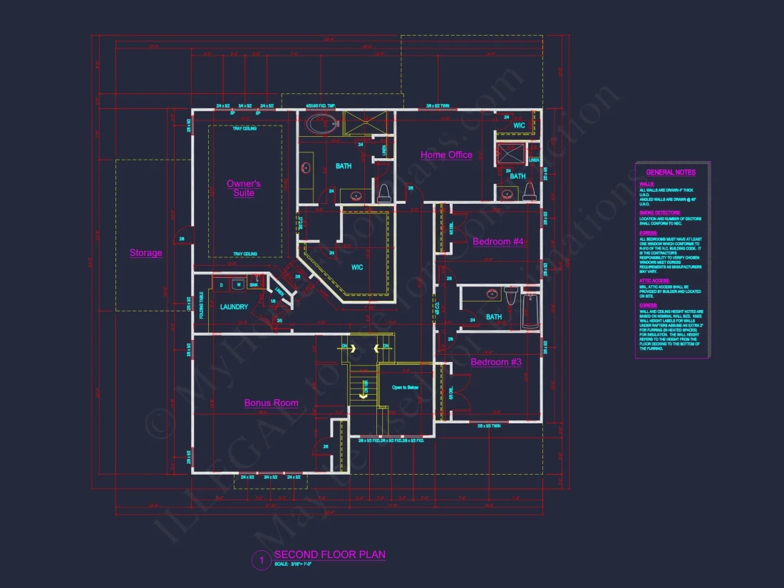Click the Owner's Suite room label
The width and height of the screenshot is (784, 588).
pos(244,188)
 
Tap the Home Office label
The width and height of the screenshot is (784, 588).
pos(446,155)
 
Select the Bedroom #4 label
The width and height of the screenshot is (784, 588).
pos(497,242)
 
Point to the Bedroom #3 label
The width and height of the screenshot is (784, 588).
pos(496,362)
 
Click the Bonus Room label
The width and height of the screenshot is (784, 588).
pos(271,403)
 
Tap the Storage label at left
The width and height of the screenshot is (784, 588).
pos(145,252)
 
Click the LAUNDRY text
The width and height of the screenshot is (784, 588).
pos(234,307)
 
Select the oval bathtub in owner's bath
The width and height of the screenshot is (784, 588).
pos(319,125)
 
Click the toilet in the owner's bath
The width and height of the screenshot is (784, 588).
pos(383,190)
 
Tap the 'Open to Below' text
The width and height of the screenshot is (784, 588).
pos(405,388)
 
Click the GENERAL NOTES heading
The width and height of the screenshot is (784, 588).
pos(670,172)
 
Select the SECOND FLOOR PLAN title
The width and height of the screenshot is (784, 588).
pos(329,555)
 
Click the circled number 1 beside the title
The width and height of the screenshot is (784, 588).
pos(261,561)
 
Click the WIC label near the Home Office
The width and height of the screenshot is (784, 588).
pos(518,125)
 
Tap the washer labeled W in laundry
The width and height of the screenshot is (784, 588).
pos(239,285)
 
